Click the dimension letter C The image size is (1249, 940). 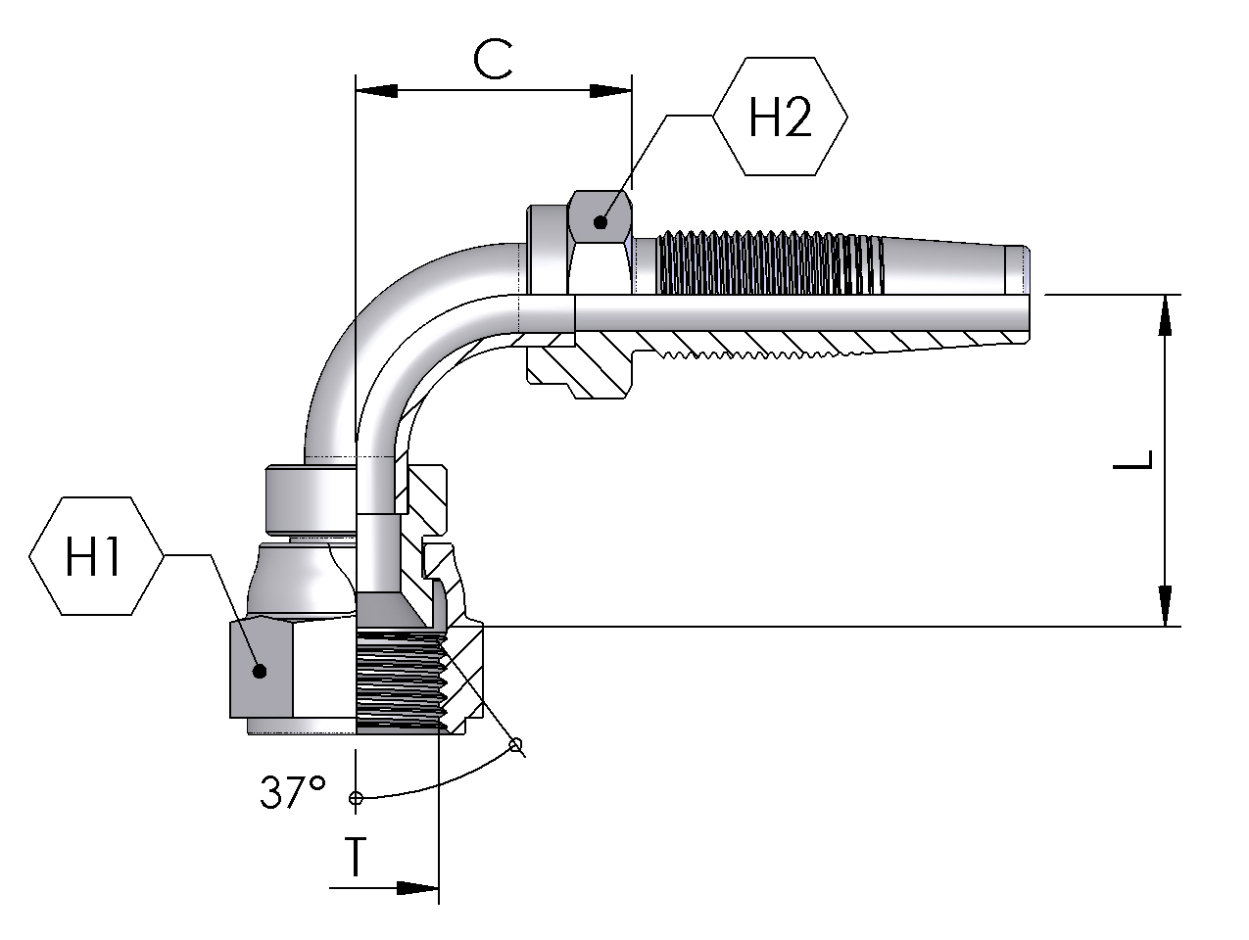[493, 59]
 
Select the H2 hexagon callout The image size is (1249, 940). [780, 116]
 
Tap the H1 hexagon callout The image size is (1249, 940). [96, 555]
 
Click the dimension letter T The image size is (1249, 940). [356, 857]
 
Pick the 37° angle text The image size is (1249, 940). [293, 791]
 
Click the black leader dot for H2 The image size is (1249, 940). [600, 222]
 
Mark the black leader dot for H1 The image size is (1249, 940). [260, 672]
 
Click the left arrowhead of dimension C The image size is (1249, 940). [376, 90]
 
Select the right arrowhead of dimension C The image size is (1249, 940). [610, 90]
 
